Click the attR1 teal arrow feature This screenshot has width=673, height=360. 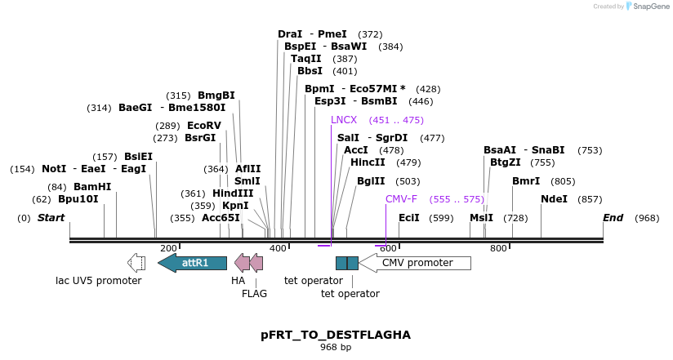pyautogui.click(x=193, y=262)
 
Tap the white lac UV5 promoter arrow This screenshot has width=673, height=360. pyautogui.click(x=136, y=262)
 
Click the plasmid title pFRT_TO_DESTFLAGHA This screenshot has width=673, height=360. pyautogui.click(x=336, y=335)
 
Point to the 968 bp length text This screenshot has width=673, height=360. pyautogui.click(x=336, y=348)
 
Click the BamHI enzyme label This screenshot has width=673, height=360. pyautogui.click(x=91, y=187)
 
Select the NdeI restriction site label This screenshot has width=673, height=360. pyautogui.click(x=554, y=199)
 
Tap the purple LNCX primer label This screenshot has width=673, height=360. pyautogui.click(x=344, y=120)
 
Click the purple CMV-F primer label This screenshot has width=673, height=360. pyautogui.click(x=401, y=199)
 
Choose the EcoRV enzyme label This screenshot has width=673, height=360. pyautogui.click(x=204, y=126)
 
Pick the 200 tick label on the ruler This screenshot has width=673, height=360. pyautogui.click(x=168, y=248)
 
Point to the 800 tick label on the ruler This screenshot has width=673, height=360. pyautogui.click(x=498, y=248)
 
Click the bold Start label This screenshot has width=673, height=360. pyautogui.click(x=51, y=218)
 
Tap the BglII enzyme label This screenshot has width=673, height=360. pyautogui.click(x=371, y=181)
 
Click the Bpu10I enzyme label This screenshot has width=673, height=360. pyautogui.click(x=78, y=199)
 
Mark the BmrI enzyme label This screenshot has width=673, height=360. pyautogui.click(x=526, y=181)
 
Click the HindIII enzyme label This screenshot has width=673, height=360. pyautogui.click(x=233, y=193)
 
